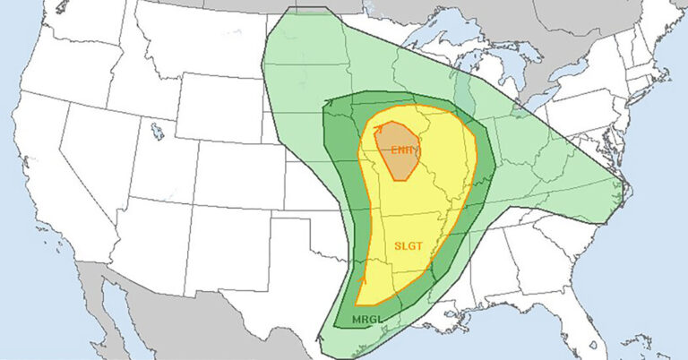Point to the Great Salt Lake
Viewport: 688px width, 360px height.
158,133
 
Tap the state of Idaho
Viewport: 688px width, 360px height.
134,90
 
